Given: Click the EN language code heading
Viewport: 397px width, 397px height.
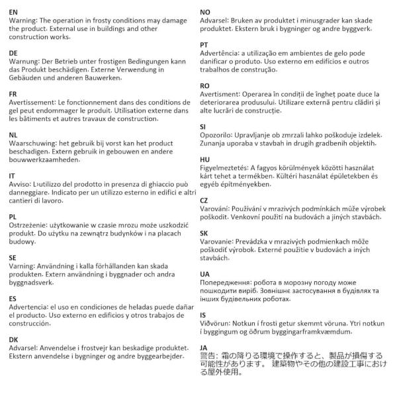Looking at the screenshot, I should click(13, 12).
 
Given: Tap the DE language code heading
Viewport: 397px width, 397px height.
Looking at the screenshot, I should click(13, 52).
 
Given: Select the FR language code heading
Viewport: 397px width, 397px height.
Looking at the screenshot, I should click(13, 94).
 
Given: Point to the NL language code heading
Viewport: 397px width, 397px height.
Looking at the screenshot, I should click(13, 134).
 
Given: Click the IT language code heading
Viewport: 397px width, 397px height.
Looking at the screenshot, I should click(12, 175).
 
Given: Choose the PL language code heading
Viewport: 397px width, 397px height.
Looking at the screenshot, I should click(13, 216).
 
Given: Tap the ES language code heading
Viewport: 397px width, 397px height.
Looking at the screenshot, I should click(13, 298).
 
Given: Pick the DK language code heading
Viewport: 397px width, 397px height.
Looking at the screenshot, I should click(13, 339).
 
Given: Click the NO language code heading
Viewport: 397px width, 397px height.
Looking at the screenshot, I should click(205, 12).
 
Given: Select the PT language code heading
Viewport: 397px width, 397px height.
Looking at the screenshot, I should click(204, 45).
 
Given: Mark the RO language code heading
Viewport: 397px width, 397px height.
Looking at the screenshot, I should click(205, 86).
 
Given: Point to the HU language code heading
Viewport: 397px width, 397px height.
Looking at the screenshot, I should click(205, 159).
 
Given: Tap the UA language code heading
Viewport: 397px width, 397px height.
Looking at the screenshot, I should click(205, 273).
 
